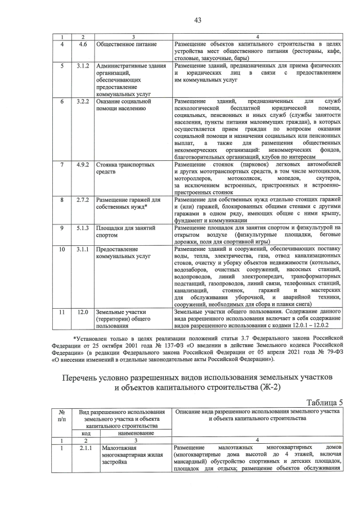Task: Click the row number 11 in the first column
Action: (x=62, y=312)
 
